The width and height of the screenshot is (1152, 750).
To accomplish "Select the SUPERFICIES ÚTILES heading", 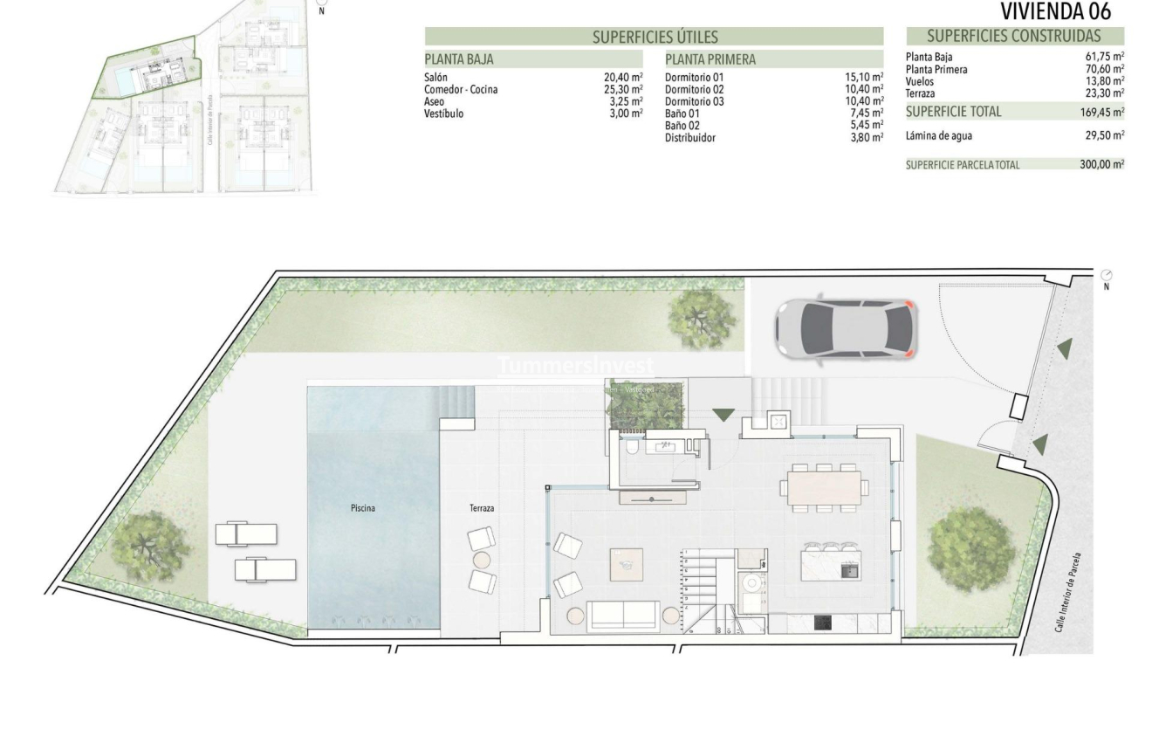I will (655, 37).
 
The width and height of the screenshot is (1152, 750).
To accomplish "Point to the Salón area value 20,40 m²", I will (623, 78).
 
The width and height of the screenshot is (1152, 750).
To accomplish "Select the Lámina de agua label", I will (939, 135).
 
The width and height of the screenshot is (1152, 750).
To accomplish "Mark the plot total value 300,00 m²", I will (1102, 164).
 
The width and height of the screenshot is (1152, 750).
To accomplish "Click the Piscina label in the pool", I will (363, 507).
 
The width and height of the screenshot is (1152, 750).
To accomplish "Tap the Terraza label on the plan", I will (482, 507).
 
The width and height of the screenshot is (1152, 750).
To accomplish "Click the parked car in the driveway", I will (845, 329).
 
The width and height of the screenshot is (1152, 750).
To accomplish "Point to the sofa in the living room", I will (623, 615).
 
